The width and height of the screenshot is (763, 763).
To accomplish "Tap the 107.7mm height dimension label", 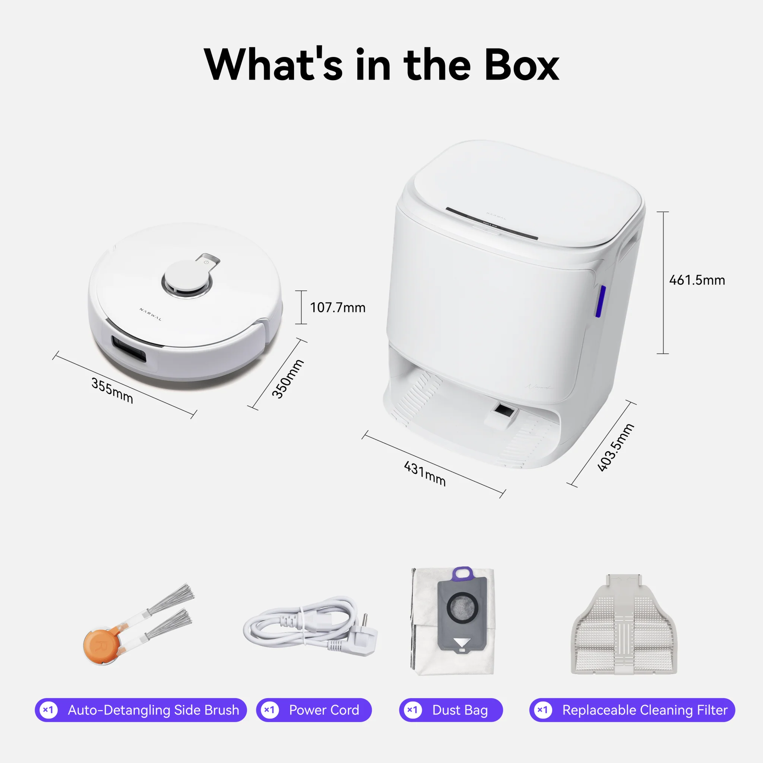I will [x=338, y=308].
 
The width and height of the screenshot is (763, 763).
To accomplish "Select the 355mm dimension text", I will [x=112, y=390].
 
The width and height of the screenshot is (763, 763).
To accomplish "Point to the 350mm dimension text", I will [x=288, y=379].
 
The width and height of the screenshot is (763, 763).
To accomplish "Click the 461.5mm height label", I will [x=697, y=281].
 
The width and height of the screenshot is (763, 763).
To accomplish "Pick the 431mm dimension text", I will [x=425, y=474].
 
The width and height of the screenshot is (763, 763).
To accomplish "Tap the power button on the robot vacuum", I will [x=206, y=262].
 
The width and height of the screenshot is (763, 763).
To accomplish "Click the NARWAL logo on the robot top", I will [x=151, y=314].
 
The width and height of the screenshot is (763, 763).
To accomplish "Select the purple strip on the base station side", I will [x=600, y=301].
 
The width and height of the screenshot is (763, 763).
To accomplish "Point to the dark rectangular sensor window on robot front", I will [x=129, y=348].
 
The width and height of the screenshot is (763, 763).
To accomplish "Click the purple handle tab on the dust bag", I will [x=463, y=573].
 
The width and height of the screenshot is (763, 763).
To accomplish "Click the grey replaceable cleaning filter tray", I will [x=624, y=628].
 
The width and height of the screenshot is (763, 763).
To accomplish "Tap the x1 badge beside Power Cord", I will [x=270, y=710].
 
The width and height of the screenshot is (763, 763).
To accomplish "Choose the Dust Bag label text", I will [x=460, y=710].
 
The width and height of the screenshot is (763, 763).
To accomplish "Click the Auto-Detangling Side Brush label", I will [x=153, y=710].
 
